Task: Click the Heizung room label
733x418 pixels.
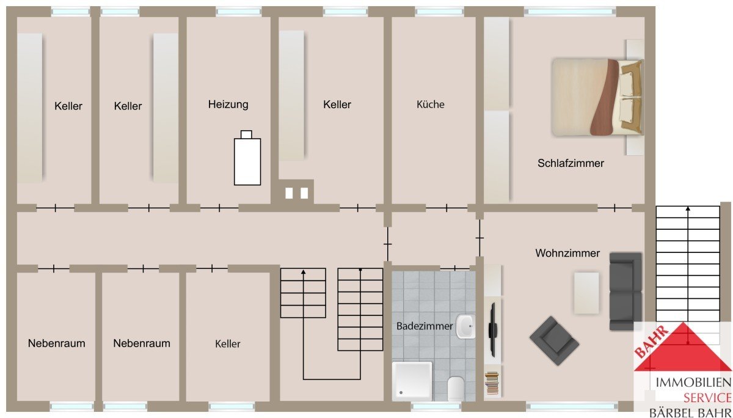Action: click(228, 105)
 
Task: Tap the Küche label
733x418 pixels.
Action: click(430, 105)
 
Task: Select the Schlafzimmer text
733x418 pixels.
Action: click(571, 163)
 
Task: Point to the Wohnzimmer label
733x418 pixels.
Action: click(567, 253)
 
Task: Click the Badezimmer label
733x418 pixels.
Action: click(425, 326)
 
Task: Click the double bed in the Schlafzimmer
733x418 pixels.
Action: click(597, 97)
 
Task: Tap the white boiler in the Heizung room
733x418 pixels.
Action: click(247, 158)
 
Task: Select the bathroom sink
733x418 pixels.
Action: click(465, 326)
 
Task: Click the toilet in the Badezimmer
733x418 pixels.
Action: click(456, 389)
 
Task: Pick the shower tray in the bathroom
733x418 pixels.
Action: click(412, 381)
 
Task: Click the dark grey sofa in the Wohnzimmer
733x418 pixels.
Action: click(625, 291)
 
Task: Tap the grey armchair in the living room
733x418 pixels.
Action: click(554, 341)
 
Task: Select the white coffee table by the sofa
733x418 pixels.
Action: click(586, 293)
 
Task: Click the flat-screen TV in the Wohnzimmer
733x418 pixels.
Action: click(492, 329)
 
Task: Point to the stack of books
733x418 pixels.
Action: click(492, 383)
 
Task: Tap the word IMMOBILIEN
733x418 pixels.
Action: click(693, 382)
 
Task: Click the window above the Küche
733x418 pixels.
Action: click(439, 12)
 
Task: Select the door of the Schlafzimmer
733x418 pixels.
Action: click(614, 208)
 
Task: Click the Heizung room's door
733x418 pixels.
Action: click(219, 208)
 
